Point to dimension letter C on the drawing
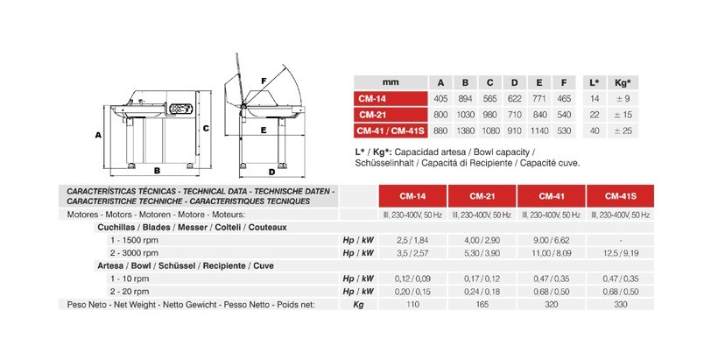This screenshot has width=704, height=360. coord(205,127)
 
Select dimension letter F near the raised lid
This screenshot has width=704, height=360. coord(263,80)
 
